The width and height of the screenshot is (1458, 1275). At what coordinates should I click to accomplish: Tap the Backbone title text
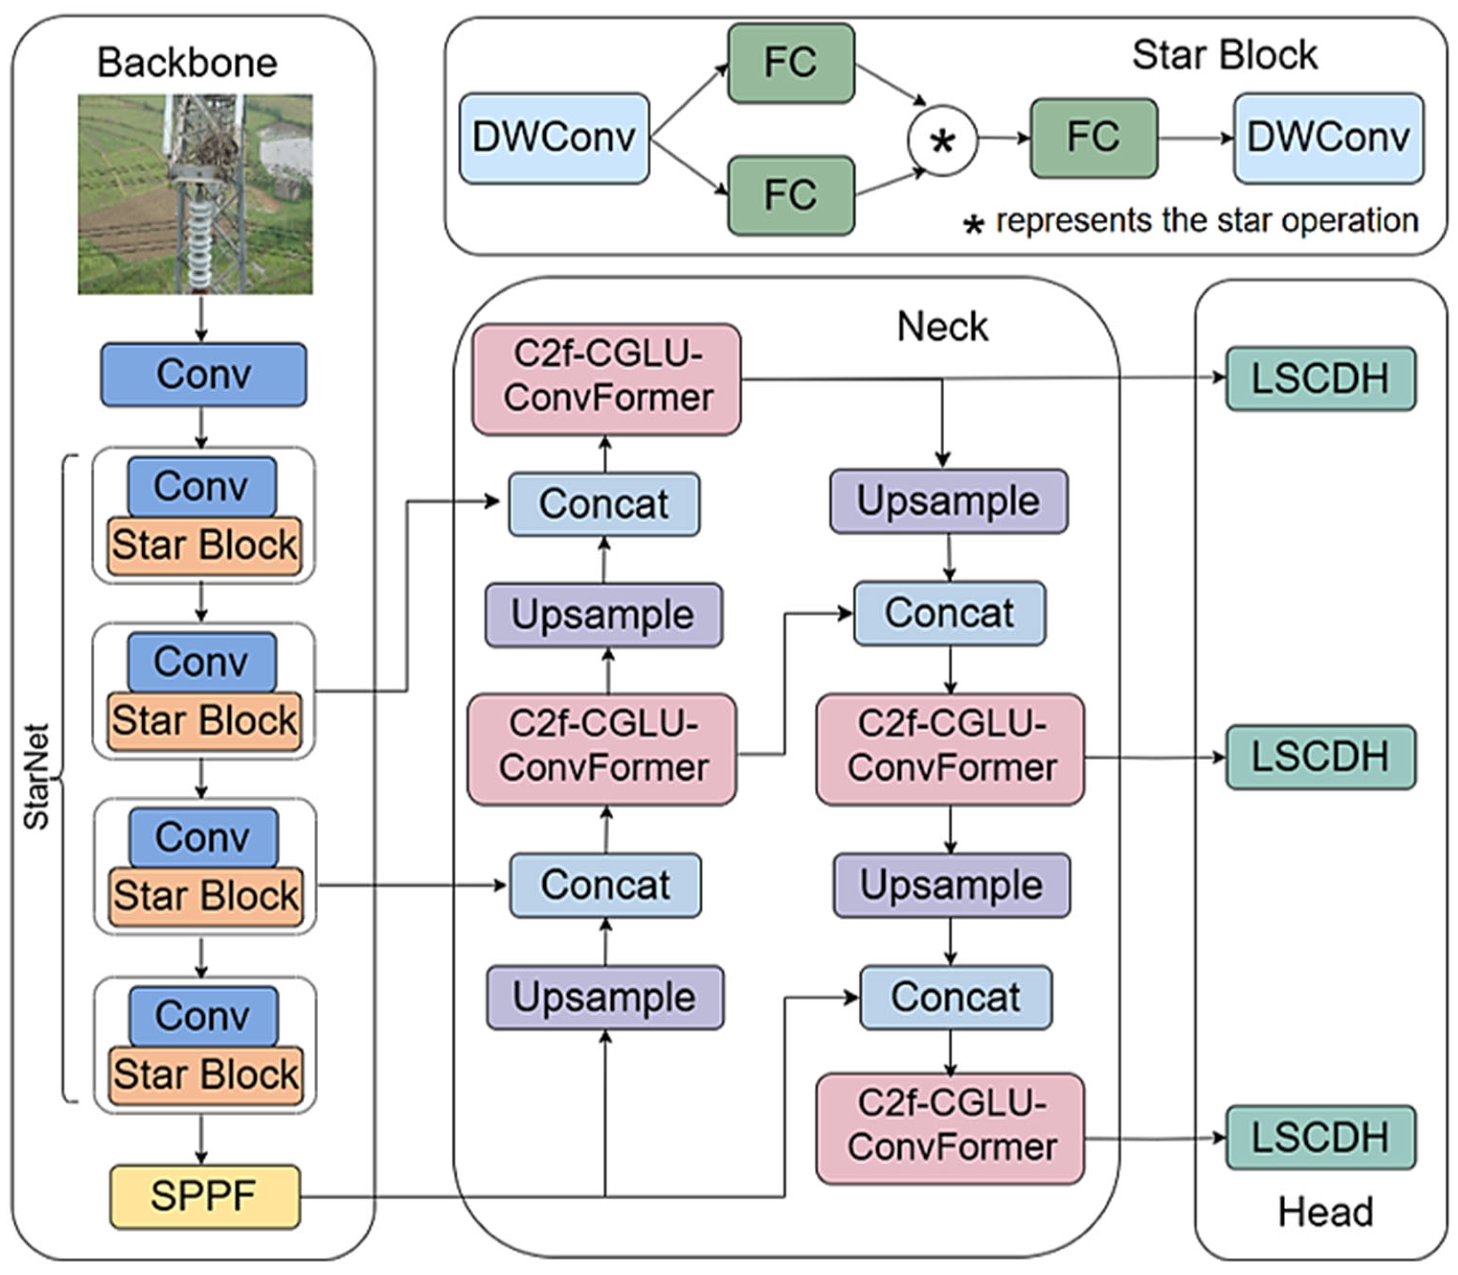click(187, 63)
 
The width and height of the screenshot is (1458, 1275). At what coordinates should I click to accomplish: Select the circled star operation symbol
click(942, 140)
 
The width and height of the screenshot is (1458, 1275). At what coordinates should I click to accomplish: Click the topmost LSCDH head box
click(1320, 378)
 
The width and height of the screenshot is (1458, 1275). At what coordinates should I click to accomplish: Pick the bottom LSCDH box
click(1320, 1137)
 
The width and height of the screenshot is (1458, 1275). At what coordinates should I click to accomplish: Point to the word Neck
click(942, 328)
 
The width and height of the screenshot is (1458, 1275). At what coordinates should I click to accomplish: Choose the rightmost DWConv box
click(1328, 137)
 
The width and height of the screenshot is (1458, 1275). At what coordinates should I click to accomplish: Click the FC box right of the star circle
click(1094, 137)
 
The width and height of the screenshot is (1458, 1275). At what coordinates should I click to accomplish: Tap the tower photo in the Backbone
click(195, 194)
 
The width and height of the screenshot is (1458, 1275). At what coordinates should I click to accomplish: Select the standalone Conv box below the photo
click(203, 375)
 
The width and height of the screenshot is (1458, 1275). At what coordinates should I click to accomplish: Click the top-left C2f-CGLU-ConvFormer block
click(606, 378)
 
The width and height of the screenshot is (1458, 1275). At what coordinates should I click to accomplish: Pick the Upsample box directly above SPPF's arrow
click(605, 997)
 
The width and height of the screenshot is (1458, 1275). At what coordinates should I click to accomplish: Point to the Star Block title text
click(1224, 55)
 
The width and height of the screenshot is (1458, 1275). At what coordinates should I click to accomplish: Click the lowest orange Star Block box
click(205, 1074)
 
